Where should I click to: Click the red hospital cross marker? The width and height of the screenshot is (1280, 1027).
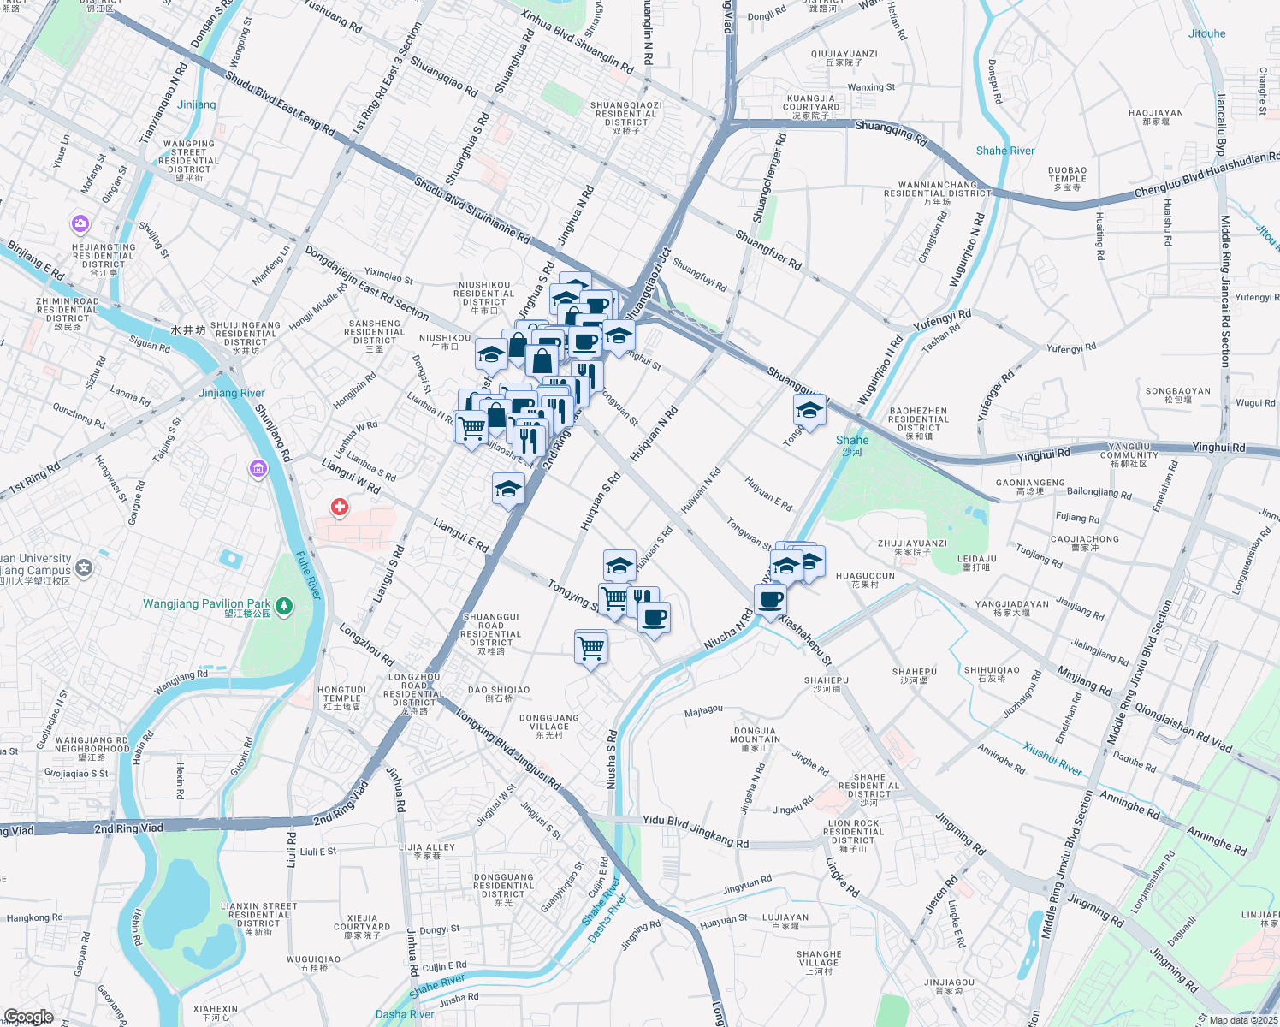click(340, 508)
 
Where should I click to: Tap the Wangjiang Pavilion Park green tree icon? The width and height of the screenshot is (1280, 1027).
click(284, 607)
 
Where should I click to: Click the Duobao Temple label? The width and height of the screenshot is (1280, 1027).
click(1067, 178)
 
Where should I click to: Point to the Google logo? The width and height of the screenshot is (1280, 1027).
click(28, 1017)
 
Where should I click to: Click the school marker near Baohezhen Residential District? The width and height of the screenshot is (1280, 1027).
click(809, 411)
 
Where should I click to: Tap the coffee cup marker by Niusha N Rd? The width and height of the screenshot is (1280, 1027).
click(771, 599)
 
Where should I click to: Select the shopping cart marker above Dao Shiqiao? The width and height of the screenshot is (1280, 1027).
click(591, 648)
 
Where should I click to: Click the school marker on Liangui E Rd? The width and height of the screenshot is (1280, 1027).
click(508, 490)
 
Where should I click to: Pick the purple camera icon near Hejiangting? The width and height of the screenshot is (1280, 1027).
click(80, 224)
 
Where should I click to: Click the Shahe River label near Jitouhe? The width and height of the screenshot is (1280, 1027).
click(1005, 151)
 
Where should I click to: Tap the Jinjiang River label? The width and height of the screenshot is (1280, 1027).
click(232, 393)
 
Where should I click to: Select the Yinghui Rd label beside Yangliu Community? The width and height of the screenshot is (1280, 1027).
click(1218, 447)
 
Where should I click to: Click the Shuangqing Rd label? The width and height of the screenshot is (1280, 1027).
click(891, 132)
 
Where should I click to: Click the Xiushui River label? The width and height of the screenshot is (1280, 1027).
click(1052, 759)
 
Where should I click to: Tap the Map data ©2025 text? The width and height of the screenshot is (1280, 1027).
click(1242, 1019)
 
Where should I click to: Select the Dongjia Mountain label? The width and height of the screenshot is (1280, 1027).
click(756, 739)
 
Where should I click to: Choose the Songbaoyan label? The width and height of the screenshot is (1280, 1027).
click(1177, 395)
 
